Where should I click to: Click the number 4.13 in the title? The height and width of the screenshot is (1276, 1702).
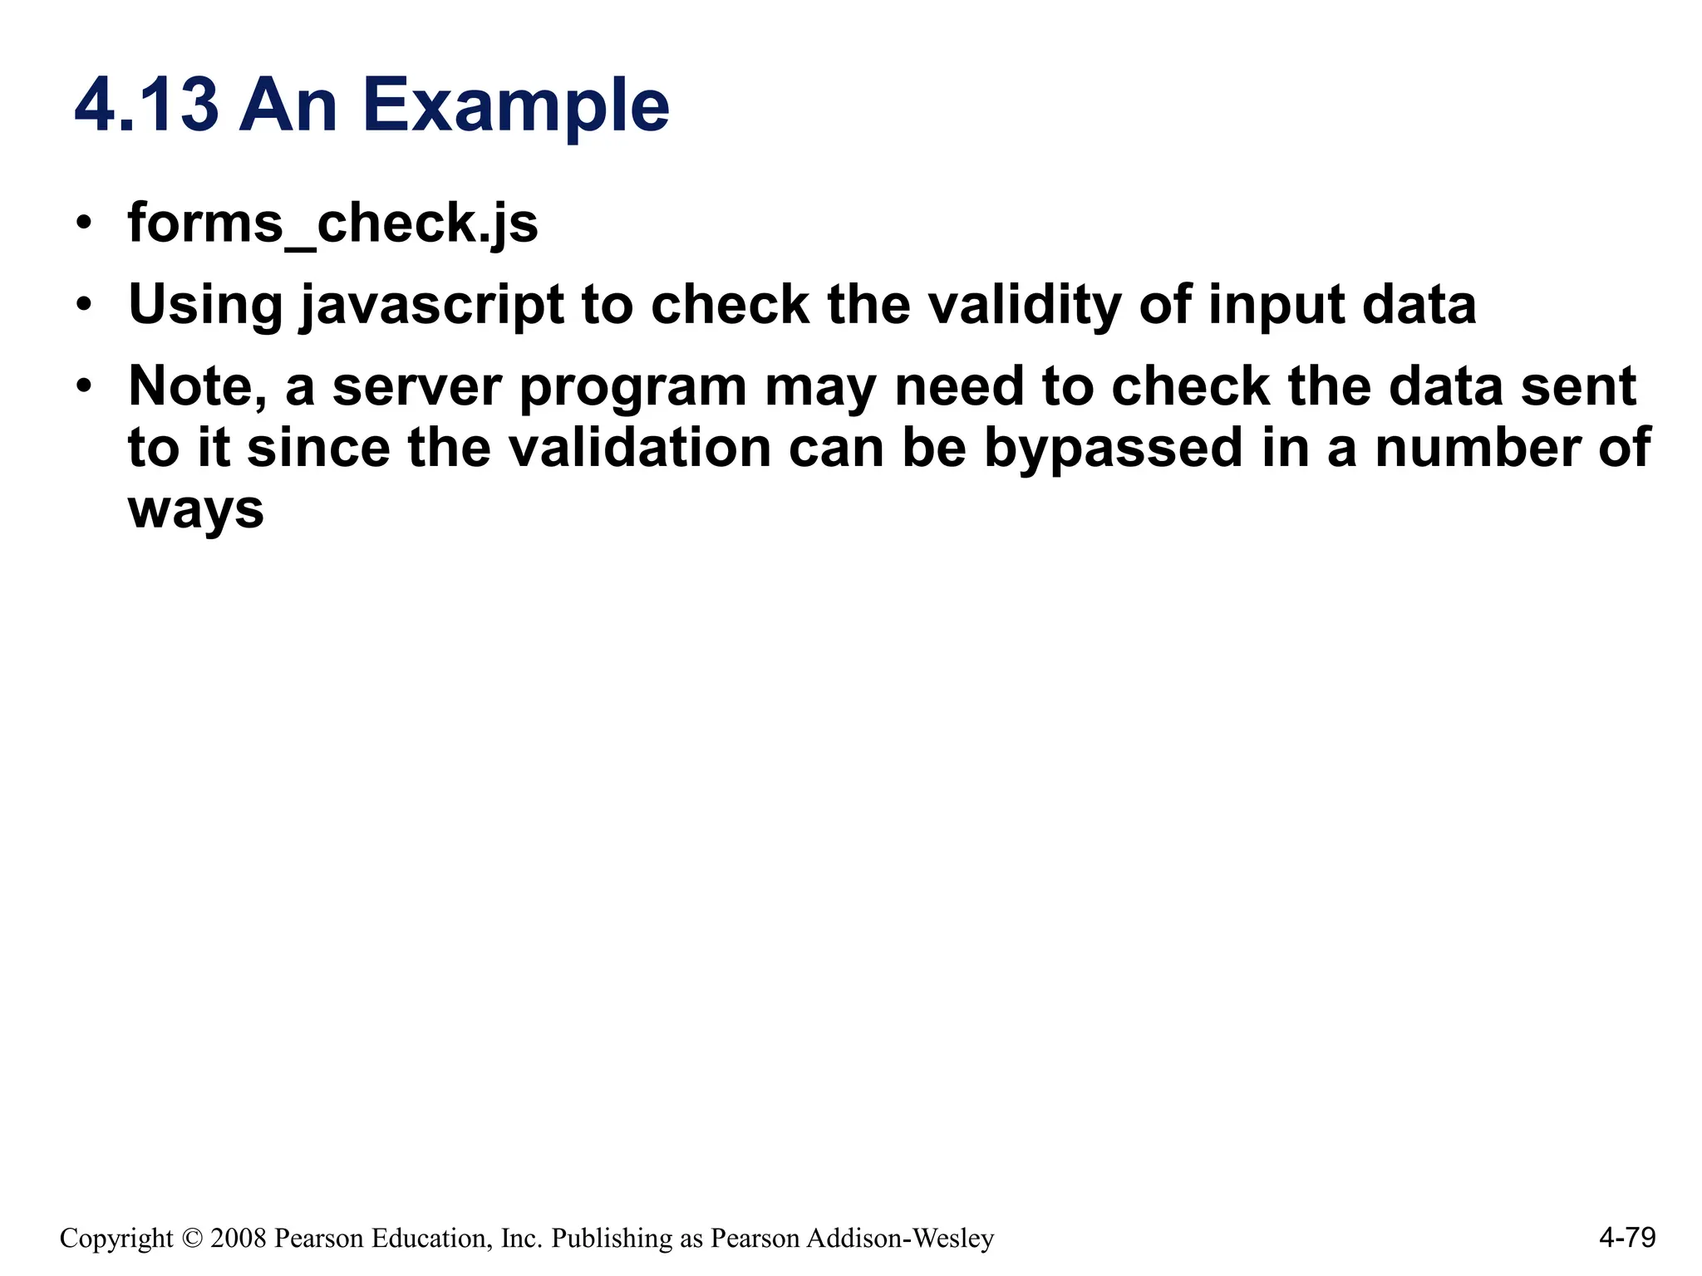pos(147,106)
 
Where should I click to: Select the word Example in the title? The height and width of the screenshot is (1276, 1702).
pos(515,106)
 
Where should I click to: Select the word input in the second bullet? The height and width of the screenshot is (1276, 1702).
pos(1276,306)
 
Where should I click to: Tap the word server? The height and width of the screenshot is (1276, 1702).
pos(418,387)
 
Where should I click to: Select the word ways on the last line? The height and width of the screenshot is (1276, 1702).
pos(196,510)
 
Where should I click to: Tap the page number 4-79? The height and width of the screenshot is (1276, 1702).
pos(1626,1238)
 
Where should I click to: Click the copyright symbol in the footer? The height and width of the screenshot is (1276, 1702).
pos(192,1239)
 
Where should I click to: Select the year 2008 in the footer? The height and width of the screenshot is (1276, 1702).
pos(239,1239)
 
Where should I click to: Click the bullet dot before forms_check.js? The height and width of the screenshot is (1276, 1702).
pos(83,223)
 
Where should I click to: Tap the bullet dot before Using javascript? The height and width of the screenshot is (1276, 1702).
pos(83,305)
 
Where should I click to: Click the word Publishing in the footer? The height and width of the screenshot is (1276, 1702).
pos(612,1239)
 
